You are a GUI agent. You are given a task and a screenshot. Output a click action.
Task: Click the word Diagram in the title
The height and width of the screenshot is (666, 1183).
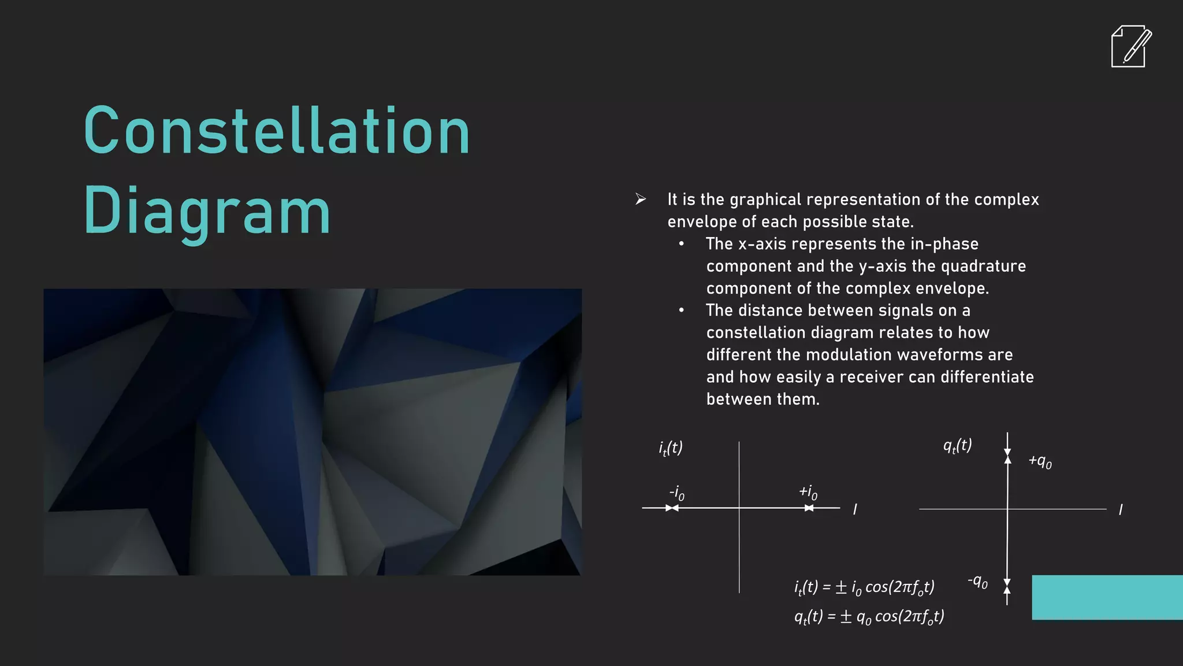tap(207, 210)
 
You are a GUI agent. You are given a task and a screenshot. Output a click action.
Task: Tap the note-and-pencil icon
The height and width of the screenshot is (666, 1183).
tap(1130, 46)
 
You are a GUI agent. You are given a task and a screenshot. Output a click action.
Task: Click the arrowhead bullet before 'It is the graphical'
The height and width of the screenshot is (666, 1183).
tap(640, 199)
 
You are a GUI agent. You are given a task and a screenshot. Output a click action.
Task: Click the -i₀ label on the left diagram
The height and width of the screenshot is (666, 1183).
tap(677, 493)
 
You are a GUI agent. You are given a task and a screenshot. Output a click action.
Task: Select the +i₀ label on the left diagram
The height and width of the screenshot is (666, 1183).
tap(808, 492)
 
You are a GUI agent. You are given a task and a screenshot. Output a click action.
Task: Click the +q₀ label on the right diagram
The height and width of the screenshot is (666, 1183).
tap(1040, 461)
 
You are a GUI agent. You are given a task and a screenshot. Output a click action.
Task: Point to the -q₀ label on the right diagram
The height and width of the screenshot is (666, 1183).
tap(978, 582)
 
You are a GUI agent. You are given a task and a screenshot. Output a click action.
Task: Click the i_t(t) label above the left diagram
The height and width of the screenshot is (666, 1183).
tap(671, 448)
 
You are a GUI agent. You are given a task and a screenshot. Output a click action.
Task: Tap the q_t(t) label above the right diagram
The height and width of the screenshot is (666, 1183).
tap(957, 446)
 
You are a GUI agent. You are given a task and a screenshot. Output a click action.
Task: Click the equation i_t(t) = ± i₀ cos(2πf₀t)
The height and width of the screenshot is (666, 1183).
tap(864, 587)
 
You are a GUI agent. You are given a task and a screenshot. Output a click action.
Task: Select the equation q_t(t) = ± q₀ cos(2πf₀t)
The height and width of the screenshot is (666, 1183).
tap(869, 617)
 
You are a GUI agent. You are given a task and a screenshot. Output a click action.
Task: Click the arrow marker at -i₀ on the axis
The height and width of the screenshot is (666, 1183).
tap(672, 508)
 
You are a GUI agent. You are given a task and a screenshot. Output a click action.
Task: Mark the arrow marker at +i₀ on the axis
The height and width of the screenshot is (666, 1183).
tap(809, 508)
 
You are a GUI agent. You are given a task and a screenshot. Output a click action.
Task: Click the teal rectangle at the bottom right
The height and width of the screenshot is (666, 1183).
tap(1107, 597)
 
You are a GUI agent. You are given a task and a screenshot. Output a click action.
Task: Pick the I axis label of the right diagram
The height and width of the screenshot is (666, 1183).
tap(1121, 510)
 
